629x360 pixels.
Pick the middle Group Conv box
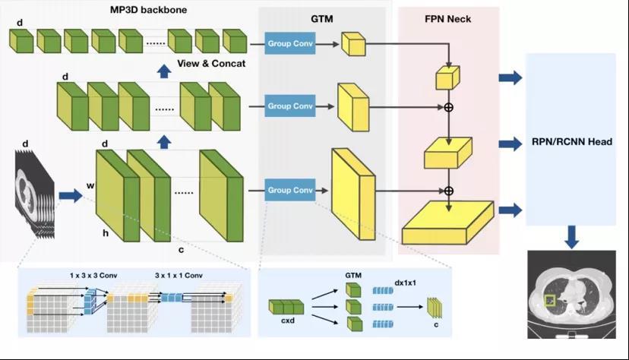tap(289, 106)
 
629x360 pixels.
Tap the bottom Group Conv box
tap(289, 190)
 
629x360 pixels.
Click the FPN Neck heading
tap(448, 19)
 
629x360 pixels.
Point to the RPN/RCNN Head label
tap(571, 141)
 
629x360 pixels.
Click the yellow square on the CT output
tap(549, 302)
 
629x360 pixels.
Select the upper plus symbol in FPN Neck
tap(448, 107)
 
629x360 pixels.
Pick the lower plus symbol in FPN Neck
tap(448, 191)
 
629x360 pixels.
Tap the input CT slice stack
tap(34, 194)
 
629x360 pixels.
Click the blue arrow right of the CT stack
tap(71, 196)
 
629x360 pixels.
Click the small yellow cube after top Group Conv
tap(353, 45)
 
